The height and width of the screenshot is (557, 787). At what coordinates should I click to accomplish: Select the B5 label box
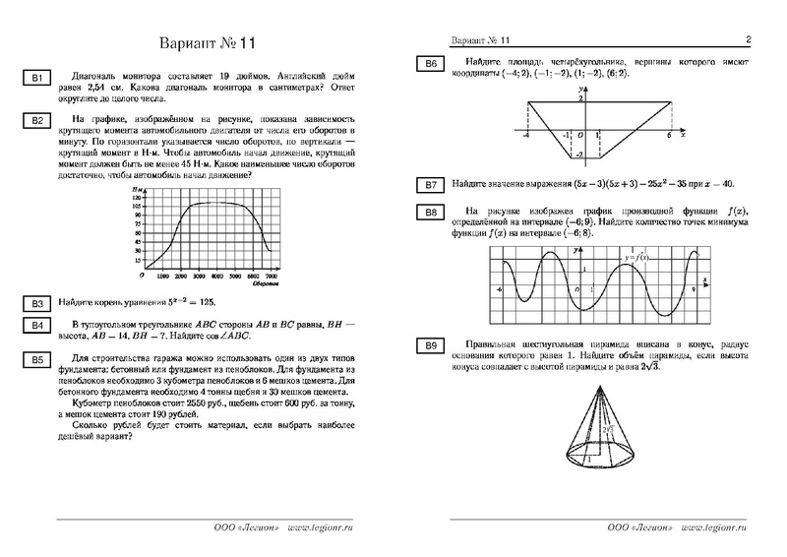34,361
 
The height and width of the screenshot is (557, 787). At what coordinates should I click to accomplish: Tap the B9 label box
431,344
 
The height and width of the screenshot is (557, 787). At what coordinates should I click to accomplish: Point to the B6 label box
431,65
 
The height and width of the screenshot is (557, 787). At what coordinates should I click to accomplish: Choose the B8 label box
431,213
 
